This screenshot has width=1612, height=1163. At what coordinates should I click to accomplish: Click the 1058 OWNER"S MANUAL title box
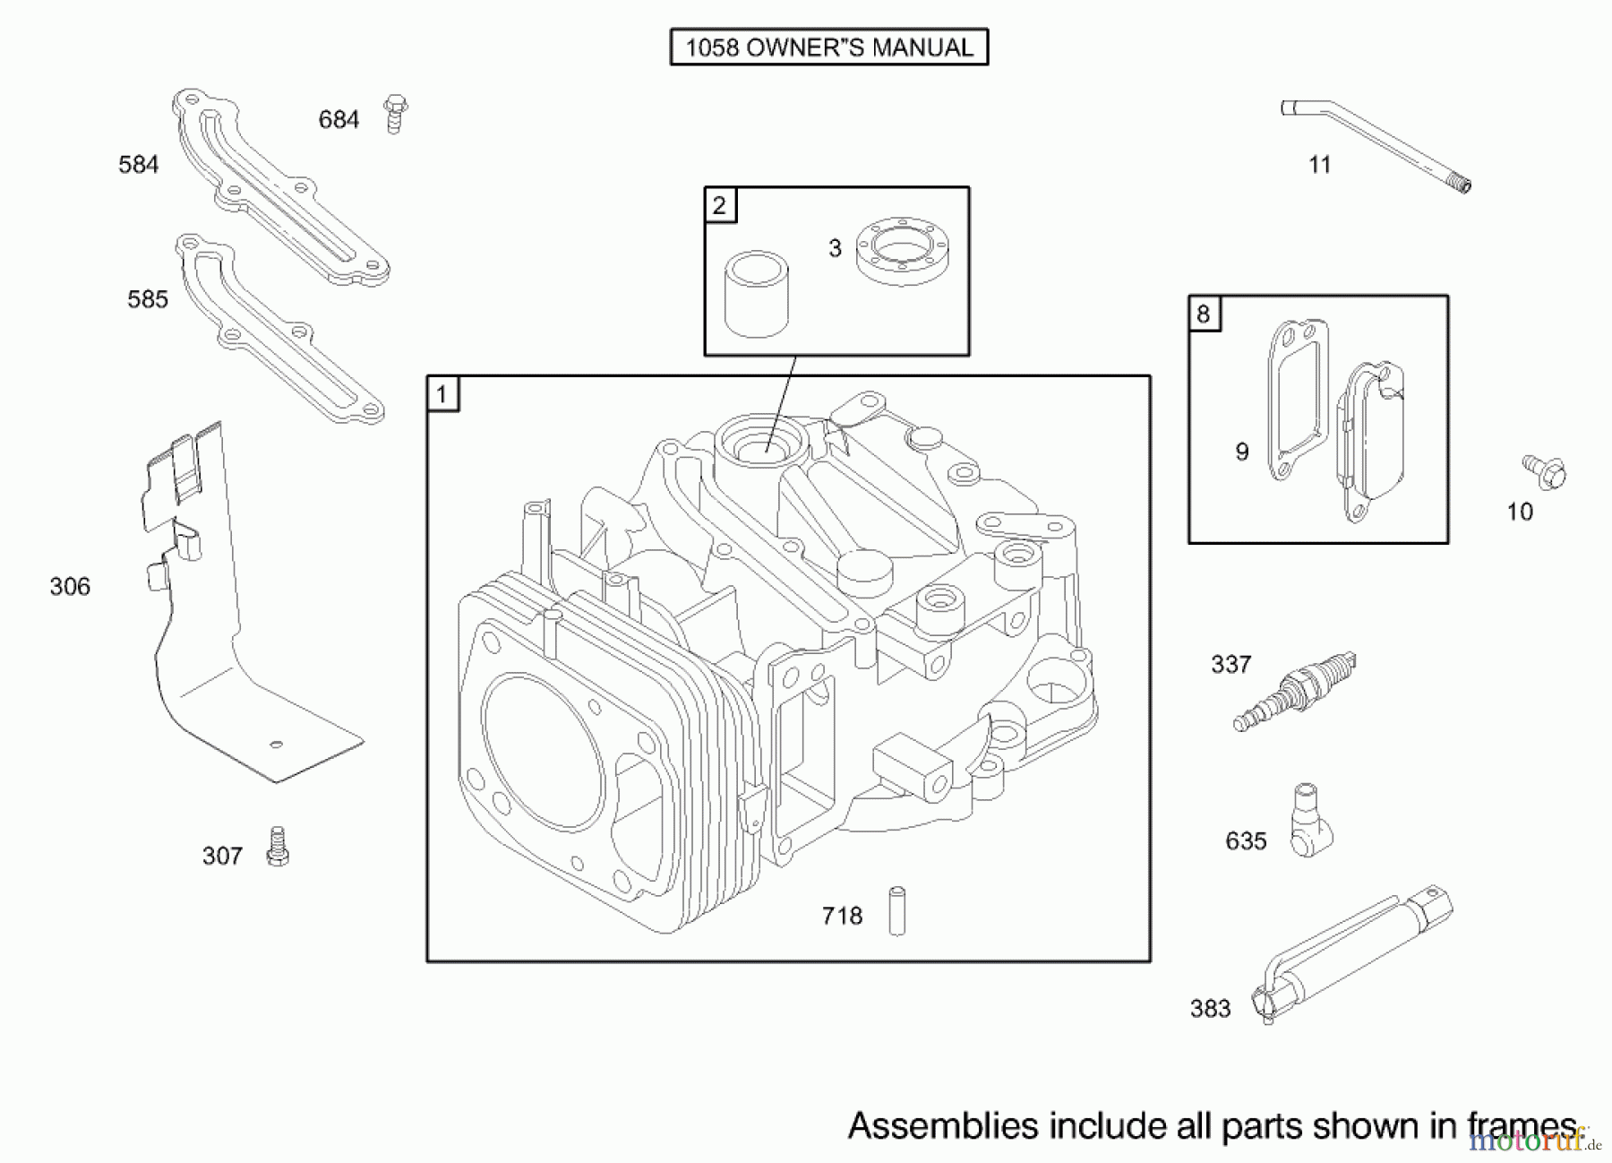point(828,47)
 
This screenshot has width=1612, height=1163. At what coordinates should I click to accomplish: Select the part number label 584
point(139,165)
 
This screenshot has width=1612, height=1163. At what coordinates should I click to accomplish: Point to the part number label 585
point(148,299)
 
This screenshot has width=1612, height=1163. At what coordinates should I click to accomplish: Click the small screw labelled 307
point(278,847)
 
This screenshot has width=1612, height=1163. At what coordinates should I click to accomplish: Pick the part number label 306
point(70,587)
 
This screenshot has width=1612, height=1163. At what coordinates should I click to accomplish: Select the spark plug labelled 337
point(1295,692)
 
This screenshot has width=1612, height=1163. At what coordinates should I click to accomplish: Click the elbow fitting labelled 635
point(1310,822)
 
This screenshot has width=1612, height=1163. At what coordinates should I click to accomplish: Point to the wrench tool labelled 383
point(1355,955)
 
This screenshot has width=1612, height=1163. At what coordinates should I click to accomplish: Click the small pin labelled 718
point(896,911)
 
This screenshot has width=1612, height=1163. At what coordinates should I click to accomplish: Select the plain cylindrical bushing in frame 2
point(757,295)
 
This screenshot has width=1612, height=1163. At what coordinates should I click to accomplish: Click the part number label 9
point(1242,452)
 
